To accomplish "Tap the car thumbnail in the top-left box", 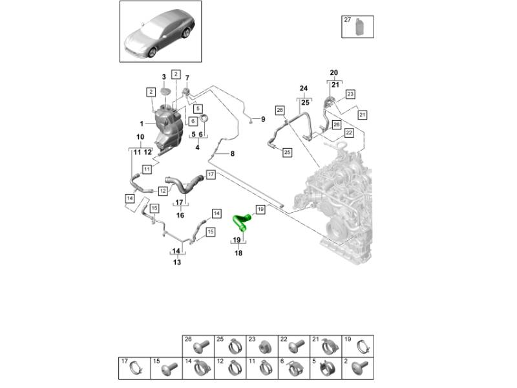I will coord(160,32).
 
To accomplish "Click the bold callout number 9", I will coord(263,119).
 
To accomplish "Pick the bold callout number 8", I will coord(233,153).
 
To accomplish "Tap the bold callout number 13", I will coord(176,263).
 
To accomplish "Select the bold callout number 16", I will coord(181,215).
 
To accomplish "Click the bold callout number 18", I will coord(238,253).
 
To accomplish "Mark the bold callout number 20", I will coord(333,72).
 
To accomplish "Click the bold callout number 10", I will coord(140,136).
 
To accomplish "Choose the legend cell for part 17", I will coord(134,368).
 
